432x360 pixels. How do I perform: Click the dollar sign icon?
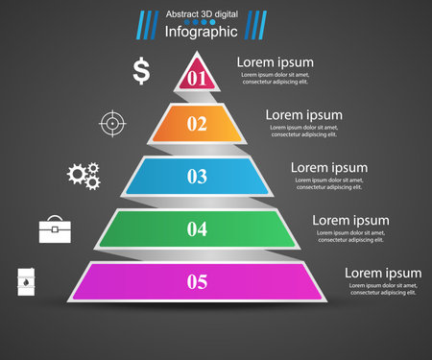click(x=141, y=70)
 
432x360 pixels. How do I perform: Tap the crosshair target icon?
click(x=112, y=123)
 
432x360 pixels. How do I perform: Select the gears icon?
click(x=84, y=174)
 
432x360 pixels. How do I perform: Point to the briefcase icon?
click(x=54, y=228)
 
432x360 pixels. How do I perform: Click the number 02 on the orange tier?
click(x=197, y=123)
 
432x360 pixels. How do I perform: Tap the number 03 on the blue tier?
click(x=197, y=176)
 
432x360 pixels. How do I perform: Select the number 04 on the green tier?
click(x=197, y=228)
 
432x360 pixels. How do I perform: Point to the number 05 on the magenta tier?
click(x=197, y=281)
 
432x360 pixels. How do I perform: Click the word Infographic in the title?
click(x=201, y=32)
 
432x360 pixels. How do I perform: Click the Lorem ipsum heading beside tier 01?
click(x=276, y=62)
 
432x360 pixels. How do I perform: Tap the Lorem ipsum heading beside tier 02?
click(x=304, y=115)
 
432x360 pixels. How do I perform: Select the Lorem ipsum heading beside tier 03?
click(x=329, y=168)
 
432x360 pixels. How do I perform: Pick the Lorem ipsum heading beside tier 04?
click(x=350, y=221)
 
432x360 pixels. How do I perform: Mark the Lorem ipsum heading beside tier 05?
click(x=383, y=274)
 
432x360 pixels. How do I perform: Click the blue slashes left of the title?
click(x=147, y=23)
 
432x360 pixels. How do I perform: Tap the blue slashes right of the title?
click(x=257, y=23)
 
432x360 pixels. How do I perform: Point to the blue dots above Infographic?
click(x=201, y=21)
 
